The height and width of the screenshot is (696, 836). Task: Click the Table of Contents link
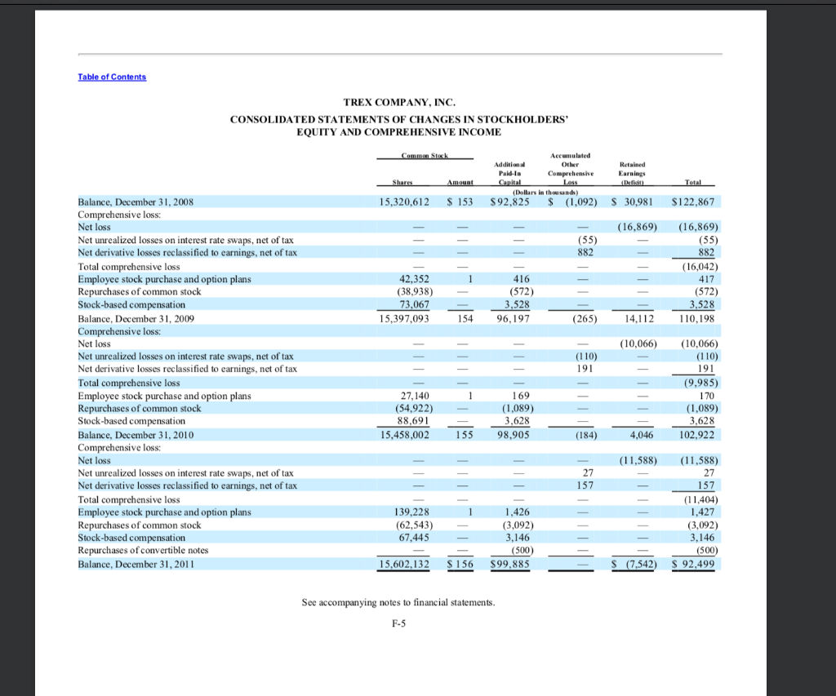(x=113, y=77)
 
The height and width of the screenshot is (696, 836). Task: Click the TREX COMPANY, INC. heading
(x=398, y=102)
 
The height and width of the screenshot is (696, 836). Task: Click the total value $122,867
(x=692, y=201)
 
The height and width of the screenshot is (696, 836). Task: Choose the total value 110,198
(x=696, y=318)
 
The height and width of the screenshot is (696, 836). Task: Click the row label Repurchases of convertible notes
(x=143, y=550)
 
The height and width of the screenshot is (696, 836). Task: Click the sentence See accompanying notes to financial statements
(x=398, y=603)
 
